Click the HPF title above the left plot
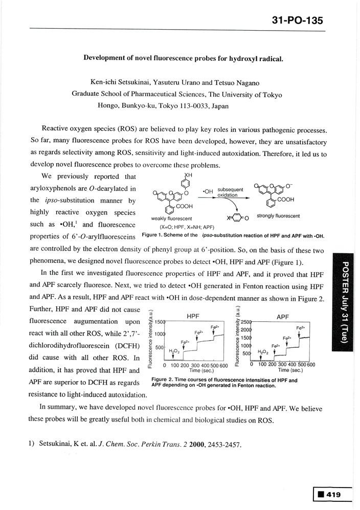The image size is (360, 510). click(x=193, y=317)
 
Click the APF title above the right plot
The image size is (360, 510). click(x=283, y=317)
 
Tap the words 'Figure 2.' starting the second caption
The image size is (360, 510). click(x=164, y=380)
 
